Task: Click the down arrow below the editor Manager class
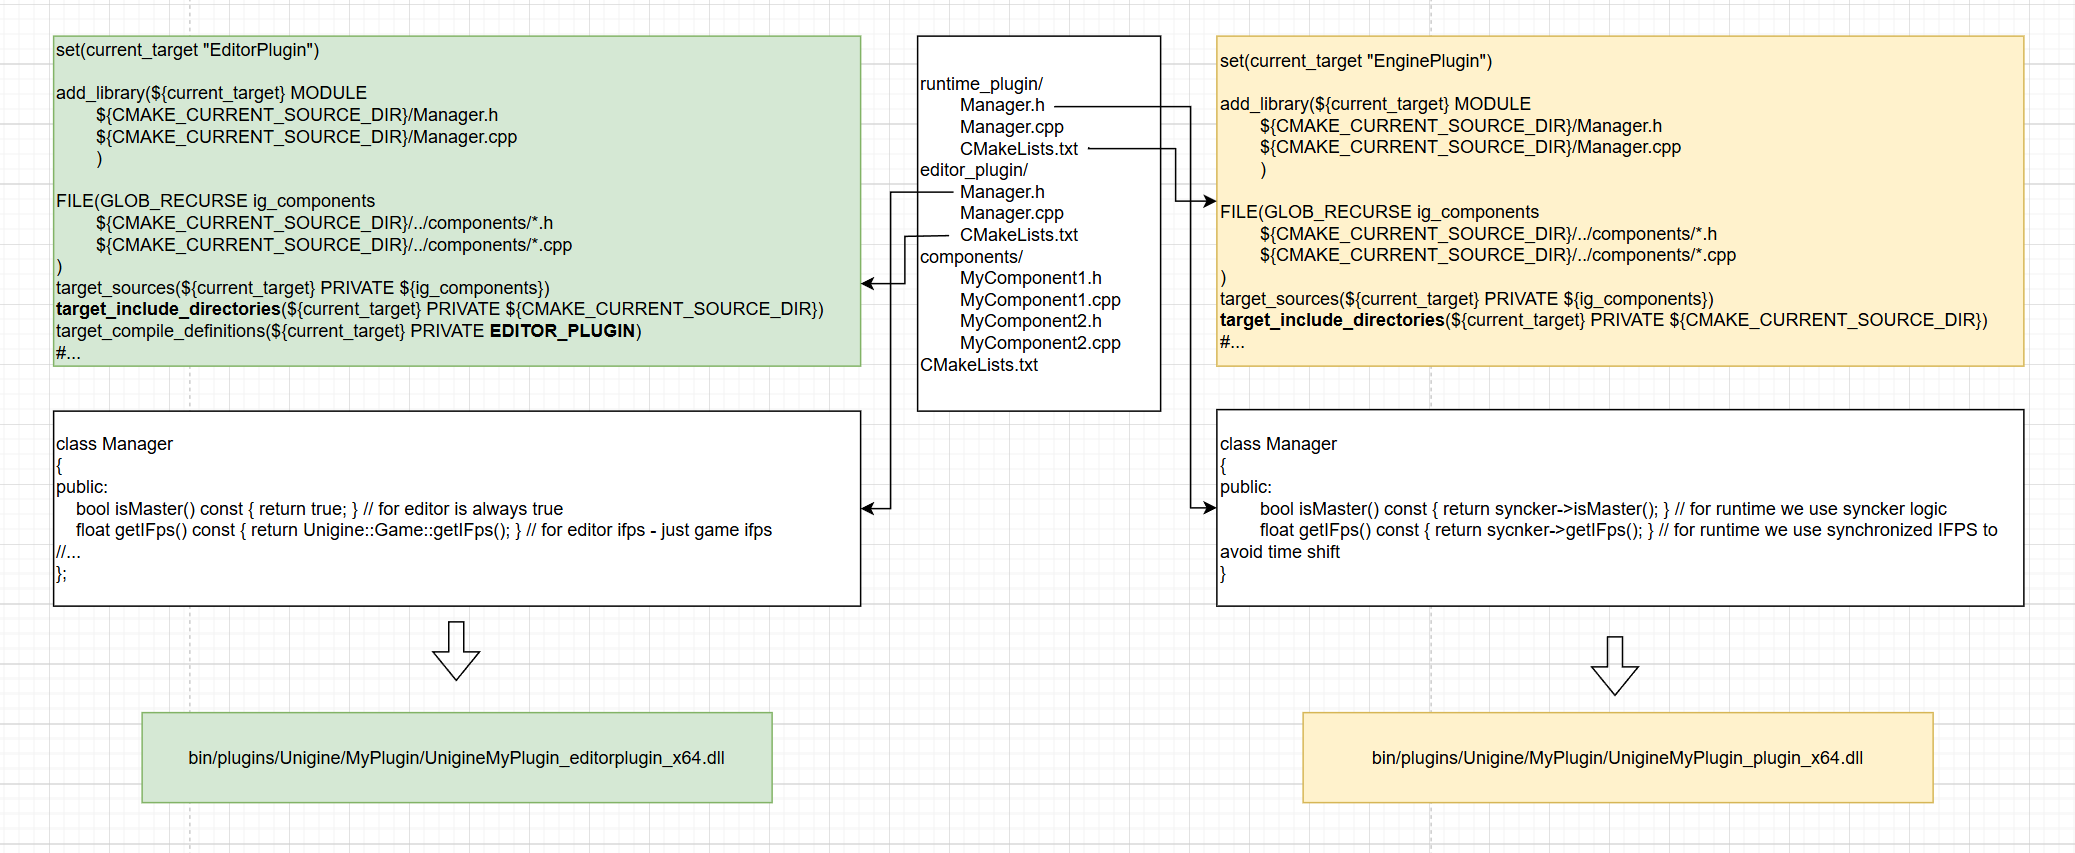[456, 651]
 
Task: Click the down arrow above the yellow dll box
[1614, 666]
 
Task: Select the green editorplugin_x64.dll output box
[456, 757]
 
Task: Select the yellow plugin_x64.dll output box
[1617, 757]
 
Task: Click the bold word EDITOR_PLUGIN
[562, 331]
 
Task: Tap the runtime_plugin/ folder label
[981, 84]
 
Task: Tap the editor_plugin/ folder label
[973, 170]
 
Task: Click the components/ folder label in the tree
[970, 257]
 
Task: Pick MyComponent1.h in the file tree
[1030, 278]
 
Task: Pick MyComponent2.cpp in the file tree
[1040, 343]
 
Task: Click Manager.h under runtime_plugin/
[1002, 105]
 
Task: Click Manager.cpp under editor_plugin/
[1011, 213]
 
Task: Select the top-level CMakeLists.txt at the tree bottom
[978, 365]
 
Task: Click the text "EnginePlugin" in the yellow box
[1428, 61]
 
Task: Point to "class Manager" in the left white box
[114, 444]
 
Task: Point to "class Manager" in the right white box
[1277, 444]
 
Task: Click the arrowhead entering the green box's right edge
[868, 284]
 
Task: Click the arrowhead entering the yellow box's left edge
[1209, 201]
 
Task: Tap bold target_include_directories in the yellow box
[1331, 320]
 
